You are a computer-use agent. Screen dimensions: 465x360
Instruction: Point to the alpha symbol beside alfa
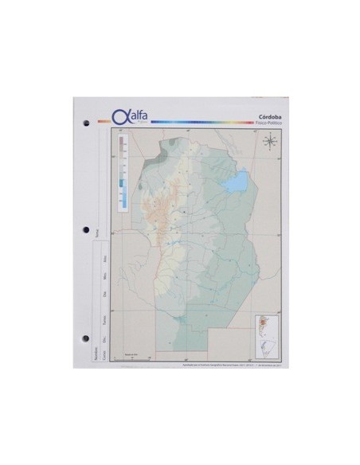pos(120,116)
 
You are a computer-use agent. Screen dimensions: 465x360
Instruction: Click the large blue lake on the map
pos(236,185)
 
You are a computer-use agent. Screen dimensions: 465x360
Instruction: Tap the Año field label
pos(104,260)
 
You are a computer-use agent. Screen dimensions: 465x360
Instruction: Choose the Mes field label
pos(104,278)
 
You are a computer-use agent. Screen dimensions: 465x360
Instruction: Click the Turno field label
pos(104,320)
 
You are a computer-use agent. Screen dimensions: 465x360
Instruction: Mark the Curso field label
pos(104,355)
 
